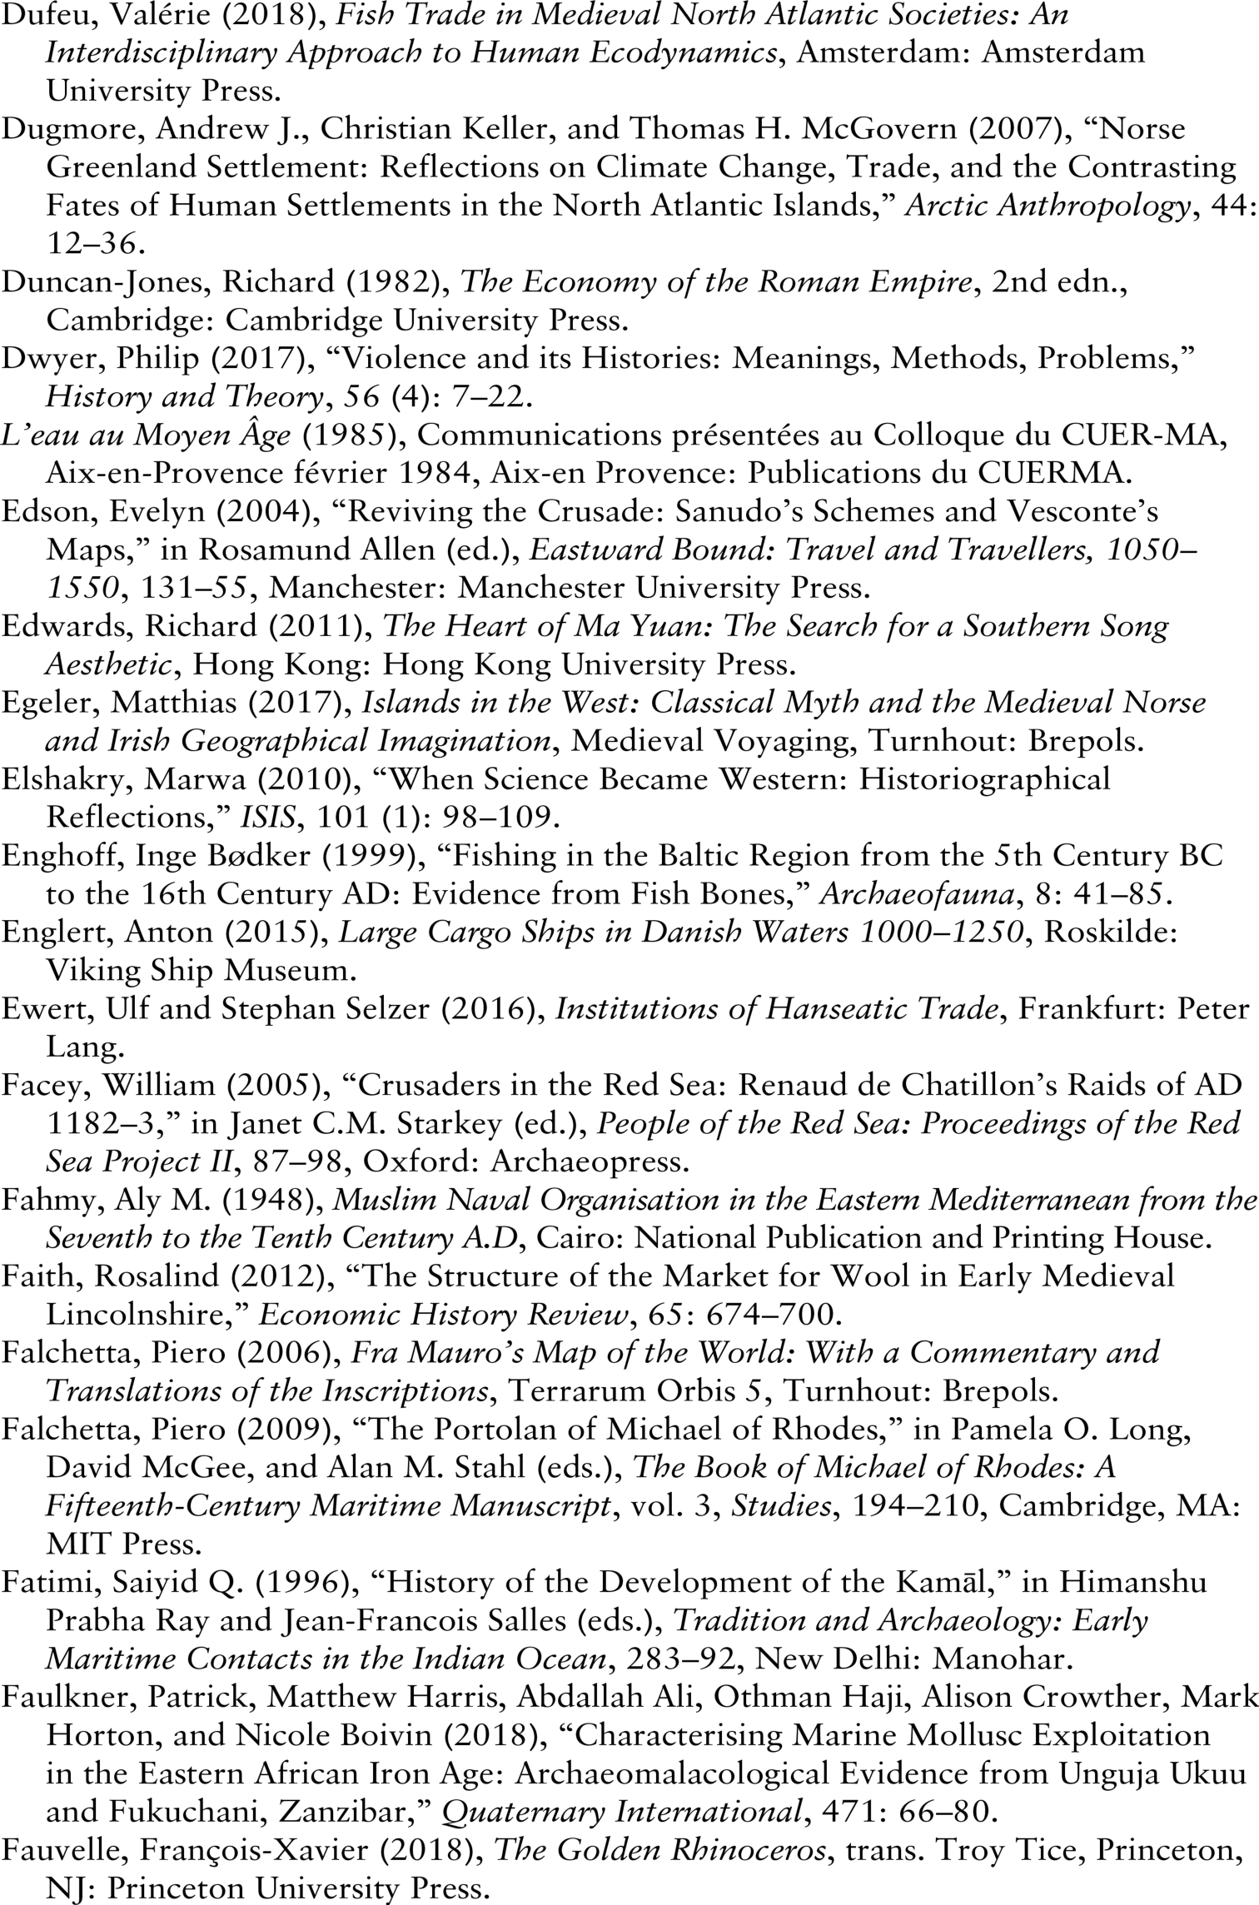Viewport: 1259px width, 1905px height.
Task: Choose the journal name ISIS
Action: [x=267, y=817]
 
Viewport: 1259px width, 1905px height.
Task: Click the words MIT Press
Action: [x=124, y=1544]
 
